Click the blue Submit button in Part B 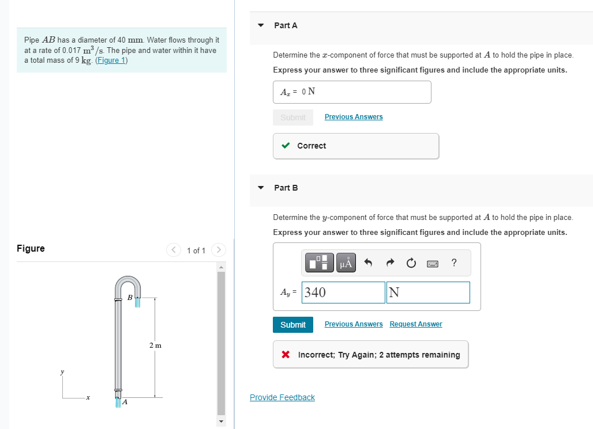(x=293, y=325)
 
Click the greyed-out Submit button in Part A (x=293, y=117)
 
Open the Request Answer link (x=415, y=324)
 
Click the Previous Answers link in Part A (x=354, y=117)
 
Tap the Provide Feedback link (x=282, y=397)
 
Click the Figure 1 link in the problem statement (x=111, y=60)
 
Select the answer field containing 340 (x=343, y=293)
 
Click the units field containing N (x=429, y=293)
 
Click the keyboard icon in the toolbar (x=433, y=264)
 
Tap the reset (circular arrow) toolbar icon (x=411, y=264)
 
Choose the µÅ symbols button (x=346, y=263)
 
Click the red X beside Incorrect (x=286, y=355)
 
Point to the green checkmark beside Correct (x=286, y=146)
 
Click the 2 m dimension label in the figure (x=155, y=346)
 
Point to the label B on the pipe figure (x=130, y=297)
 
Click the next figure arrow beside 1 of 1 (x=217, y=250)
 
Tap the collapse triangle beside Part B (x=261, y=188)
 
